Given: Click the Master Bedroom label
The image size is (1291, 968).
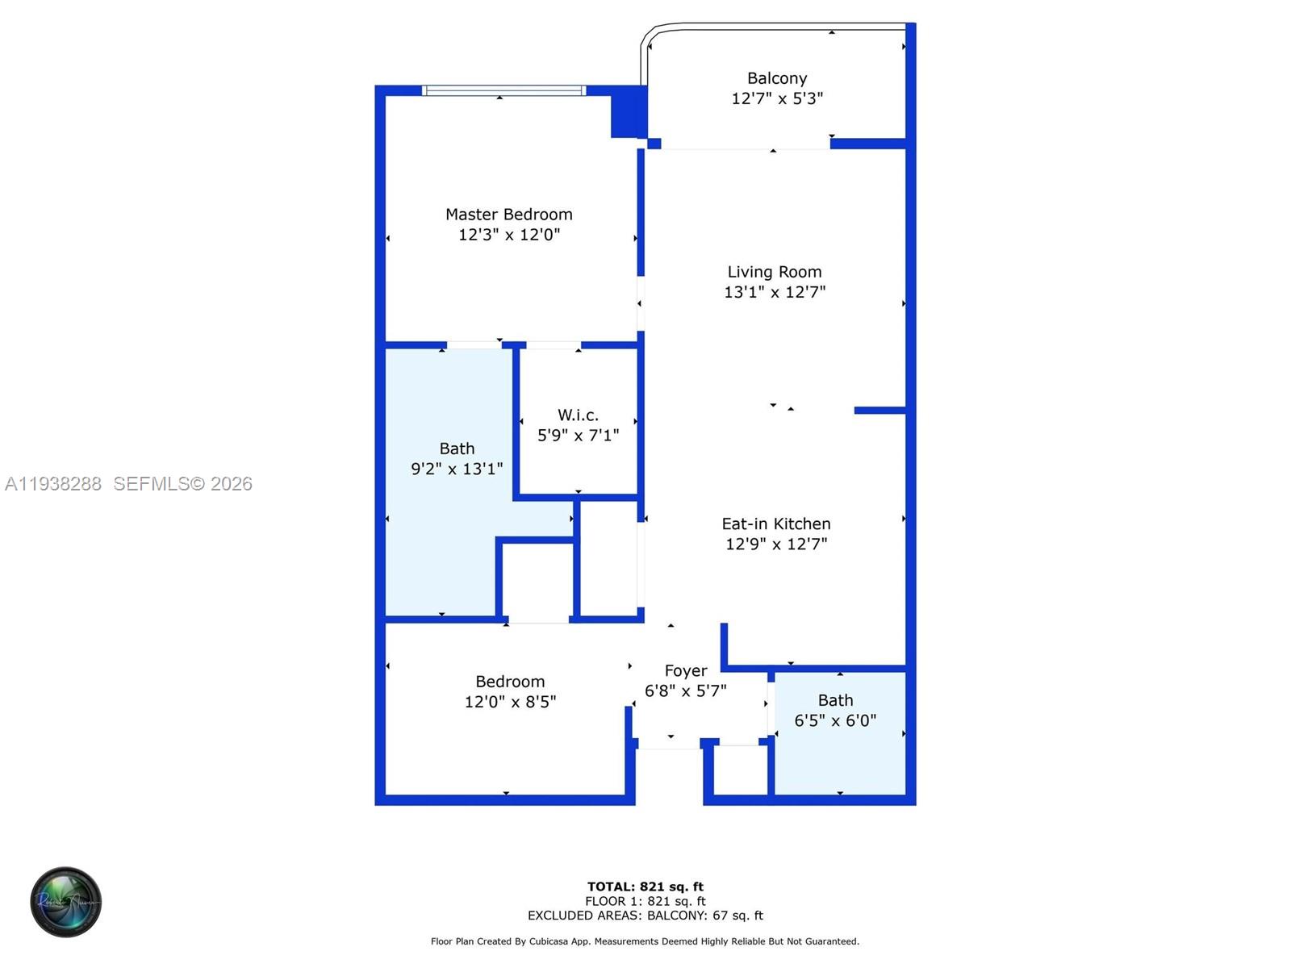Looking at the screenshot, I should [x=508, y=215].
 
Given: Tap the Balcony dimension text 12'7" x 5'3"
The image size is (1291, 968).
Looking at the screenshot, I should [x=776, y=98].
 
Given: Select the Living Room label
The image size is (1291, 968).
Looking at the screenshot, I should [x=774, y=272].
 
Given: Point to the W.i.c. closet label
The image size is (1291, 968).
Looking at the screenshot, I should [x=578, y=415].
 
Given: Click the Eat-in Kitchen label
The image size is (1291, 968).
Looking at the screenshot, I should [x=775, y=524].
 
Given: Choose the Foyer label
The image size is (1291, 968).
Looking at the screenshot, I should [x=685, y=670].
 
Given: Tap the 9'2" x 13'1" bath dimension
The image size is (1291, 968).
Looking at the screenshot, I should [x=457, y=469].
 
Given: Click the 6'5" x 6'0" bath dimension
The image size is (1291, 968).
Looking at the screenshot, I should [x=834, y=720].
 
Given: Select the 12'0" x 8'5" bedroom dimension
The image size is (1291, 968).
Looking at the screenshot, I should [x=509, y=702].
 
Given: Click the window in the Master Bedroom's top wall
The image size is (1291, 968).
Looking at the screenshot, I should [x=504, y=90].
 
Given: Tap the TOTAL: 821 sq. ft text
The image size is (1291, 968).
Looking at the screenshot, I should [x=645, y=887].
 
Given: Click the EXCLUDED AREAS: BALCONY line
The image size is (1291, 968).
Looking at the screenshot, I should [x=645, y=916].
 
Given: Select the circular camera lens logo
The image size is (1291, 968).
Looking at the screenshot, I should [x=66, y=902].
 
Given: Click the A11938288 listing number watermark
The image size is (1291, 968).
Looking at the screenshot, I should [x=53, y=484].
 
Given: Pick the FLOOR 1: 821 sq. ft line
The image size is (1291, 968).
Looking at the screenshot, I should [x=645, y=901].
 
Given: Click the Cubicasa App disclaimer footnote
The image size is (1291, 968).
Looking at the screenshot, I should [x=645, y=941].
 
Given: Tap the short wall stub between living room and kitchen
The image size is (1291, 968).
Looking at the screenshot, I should [x=879, y=411].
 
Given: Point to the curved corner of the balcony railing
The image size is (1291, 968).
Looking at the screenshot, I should [x=652, y=33].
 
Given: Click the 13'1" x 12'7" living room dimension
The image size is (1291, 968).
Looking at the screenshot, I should [x=774, y=292].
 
